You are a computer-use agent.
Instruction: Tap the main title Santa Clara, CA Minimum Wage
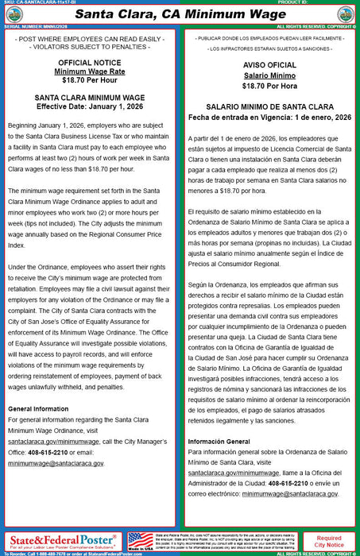pyautogui.click(x=180, y=13)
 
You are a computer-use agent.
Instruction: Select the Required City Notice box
pyautogui.click(x=330, y=542)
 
